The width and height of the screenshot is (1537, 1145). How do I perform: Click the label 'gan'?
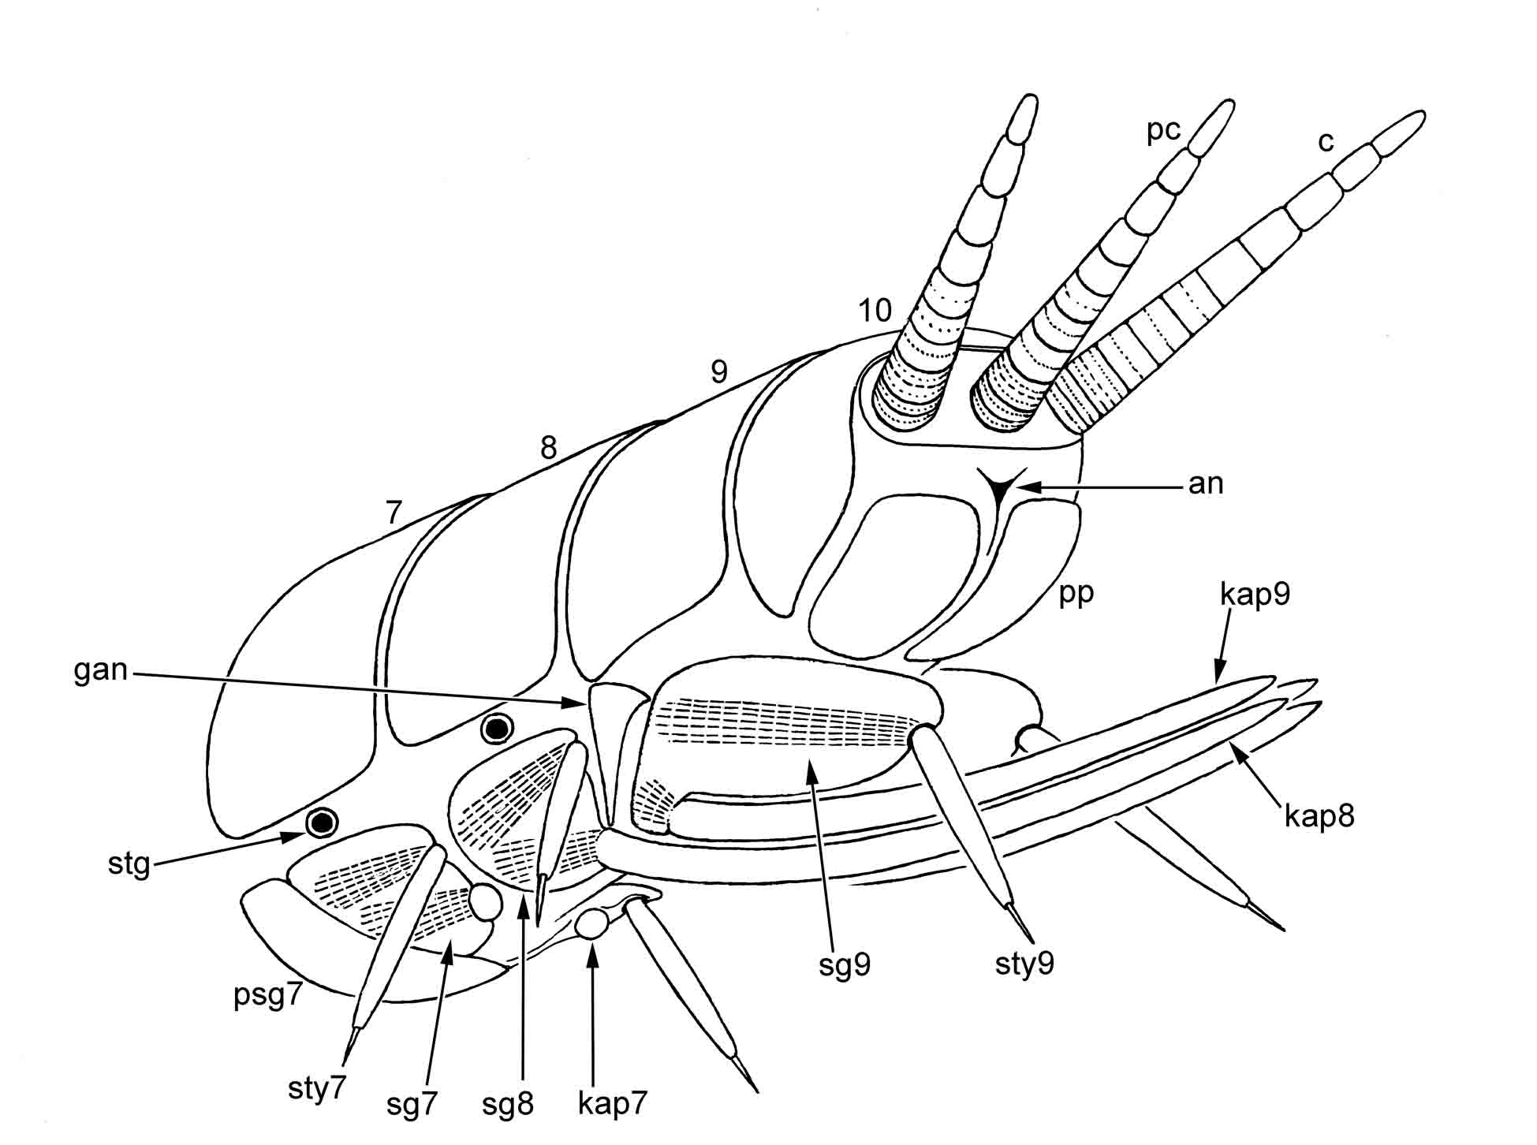point(100,670)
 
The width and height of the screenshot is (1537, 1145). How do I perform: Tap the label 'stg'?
point(129,864)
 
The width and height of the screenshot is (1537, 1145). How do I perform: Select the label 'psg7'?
point(268,995)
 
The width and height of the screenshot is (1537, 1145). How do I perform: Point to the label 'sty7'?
point(316,1089)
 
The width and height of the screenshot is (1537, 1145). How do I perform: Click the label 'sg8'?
point(508,1104)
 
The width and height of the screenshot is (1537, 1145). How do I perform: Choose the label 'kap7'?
point(612,1103)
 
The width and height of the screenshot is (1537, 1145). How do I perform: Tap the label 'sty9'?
point(1024,964)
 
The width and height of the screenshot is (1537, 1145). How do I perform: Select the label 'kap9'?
point(1255,594)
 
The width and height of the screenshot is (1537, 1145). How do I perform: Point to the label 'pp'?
point(1076,592)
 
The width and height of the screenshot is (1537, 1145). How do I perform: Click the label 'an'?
point(1206,483)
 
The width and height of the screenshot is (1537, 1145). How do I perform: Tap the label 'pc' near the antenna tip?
point(1163,131)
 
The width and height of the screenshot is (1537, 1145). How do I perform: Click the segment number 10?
point(875,311)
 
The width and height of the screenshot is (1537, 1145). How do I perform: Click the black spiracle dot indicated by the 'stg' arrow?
point(322,822)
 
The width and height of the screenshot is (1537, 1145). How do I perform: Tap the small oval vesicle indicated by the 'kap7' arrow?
point(591,924)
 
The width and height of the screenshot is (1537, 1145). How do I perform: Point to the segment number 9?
point(718,371)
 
